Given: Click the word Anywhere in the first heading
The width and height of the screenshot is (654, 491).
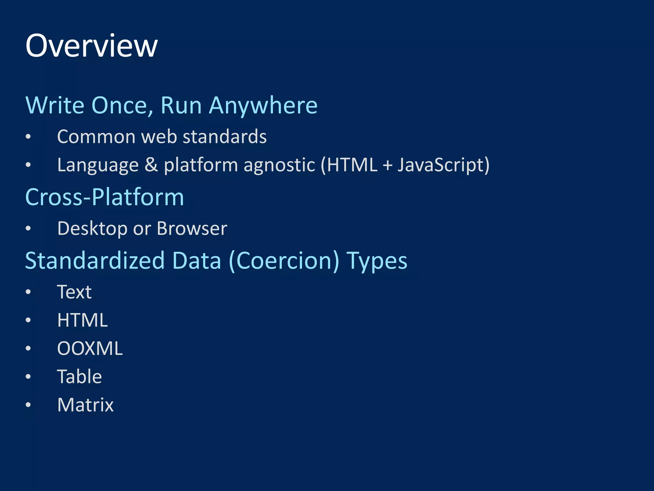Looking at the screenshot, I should coord(263,105).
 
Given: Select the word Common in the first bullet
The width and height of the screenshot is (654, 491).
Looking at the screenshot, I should coord(96,137).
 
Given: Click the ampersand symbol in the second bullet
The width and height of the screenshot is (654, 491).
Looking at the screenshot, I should coord(151,165).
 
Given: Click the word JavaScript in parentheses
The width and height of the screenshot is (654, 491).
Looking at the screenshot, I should coord(441,165).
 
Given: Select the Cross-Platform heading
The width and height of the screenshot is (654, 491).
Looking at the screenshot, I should coord(105,197).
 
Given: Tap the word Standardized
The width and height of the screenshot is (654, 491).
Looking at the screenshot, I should coord(95,261).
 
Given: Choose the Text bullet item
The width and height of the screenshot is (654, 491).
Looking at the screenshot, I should coord(74,292).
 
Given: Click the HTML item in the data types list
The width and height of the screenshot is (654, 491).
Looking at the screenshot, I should coord(82,320).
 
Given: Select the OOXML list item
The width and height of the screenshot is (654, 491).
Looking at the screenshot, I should coord(90,348).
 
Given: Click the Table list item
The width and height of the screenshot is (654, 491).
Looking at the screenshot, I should coord(79,377).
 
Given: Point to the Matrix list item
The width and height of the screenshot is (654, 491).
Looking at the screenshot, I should coord(85,405).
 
